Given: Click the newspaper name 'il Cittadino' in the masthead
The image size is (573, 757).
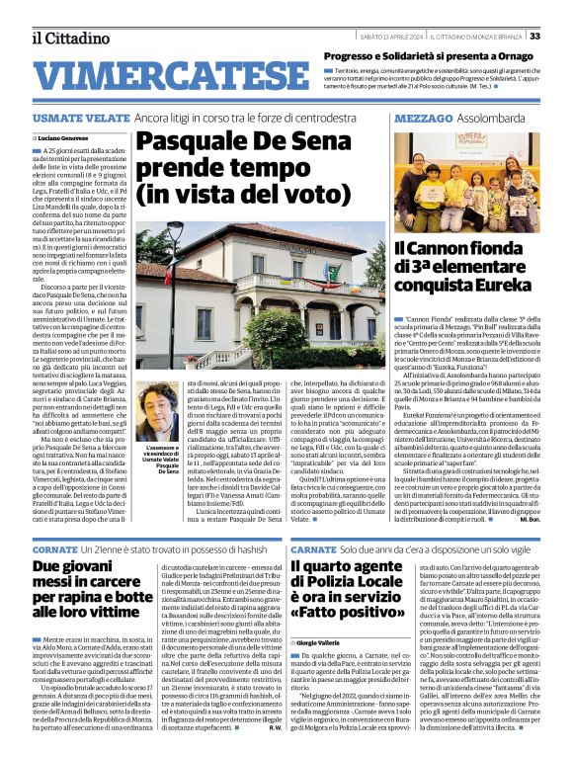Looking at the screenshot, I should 70,37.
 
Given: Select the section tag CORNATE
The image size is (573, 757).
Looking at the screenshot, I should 53,547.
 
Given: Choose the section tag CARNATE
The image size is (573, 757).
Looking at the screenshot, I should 313,547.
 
